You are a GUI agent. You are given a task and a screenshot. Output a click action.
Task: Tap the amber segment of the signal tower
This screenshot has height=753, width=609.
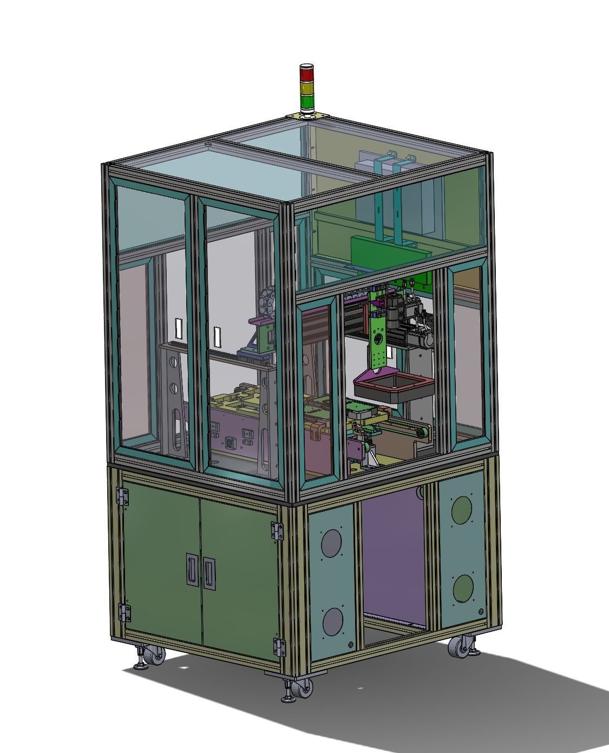point(306,87)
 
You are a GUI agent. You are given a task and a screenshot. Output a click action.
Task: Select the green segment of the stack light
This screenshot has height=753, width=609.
point(306,101)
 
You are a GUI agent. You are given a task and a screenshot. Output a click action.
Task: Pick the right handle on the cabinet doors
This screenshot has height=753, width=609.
point(209,573)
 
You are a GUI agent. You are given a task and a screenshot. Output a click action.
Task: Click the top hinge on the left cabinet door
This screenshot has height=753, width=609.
point(124,496)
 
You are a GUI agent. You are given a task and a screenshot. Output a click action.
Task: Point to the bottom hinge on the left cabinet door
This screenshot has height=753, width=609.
point(125,613)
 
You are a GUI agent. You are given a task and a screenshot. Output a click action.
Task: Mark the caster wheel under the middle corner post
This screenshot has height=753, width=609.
point(304,689)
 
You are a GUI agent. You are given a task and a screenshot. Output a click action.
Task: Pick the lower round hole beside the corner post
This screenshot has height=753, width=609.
point(333,622)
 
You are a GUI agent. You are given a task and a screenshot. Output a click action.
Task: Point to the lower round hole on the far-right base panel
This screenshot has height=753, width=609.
point(463,588)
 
